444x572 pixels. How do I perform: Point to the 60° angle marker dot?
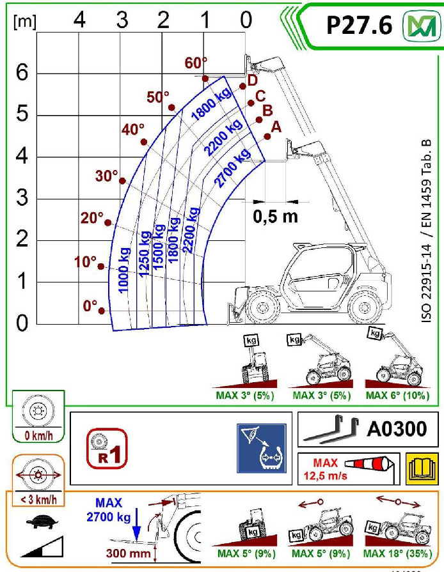tap(205, 79)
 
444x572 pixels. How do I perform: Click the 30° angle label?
tap(107, 176)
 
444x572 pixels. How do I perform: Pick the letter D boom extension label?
tap(252, 81)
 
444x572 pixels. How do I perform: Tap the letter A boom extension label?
tap(276, 127)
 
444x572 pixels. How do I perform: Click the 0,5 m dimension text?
tap(275, 216)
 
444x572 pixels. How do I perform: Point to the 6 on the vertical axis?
tap(21, 73)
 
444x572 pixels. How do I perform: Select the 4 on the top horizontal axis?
tap(79, 20)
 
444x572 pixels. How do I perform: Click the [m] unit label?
tap(24, 20)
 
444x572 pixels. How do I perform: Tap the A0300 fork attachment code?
tap(393, 429)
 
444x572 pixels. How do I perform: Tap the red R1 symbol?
tap(107, 447)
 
